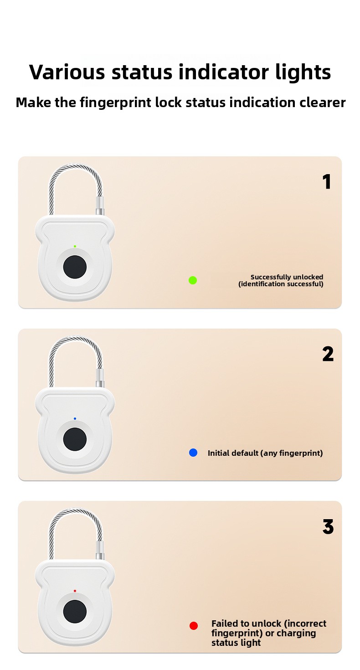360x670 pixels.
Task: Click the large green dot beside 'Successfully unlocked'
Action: point(193,280)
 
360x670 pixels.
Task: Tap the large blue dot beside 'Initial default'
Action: point(193,453)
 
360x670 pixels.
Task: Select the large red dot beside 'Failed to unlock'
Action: point(194,626)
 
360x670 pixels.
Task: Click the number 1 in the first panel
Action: point(327,182)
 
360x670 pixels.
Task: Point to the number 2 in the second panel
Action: point(328,354)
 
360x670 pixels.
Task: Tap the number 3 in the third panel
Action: point(328,527)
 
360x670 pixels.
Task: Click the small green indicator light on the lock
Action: point(75,247)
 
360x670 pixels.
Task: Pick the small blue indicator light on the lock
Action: point(75,419)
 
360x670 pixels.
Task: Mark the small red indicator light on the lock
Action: point(75,591)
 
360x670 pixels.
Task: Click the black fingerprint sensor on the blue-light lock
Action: point(75,439)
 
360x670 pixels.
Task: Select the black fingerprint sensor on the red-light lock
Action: point(75,612)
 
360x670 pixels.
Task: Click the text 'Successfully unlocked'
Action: point(287,277)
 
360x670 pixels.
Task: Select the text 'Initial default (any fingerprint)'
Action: point(265,453)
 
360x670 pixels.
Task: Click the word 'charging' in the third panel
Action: point(296,633)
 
